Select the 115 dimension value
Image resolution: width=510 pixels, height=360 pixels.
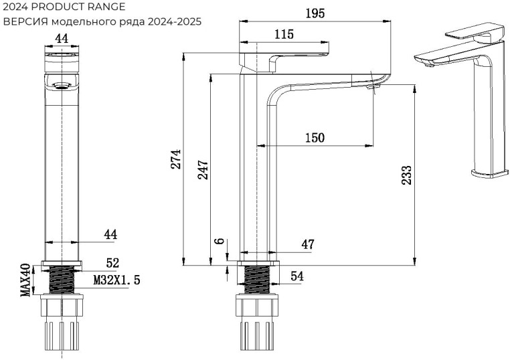tap(284, 35)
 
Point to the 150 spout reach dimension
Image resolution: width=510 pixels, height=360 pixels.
tap(315, 138)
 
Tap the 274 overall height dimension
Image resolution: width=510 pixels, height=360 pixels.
tap(175, 159)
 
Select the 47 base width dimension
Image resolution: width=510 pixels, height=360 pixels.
tap(307, 244)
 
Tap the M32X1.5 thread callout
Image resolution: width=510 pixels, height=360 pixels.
tap(116, 280)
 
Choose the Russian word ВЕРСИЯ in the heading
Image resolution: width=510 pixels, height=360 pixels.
tap(24, 21)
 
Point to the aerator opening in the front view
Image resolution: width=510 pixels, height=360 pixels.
tap(62, 85)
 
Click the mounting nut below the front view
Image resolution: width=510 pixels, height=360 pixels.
tap(62, 308)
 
